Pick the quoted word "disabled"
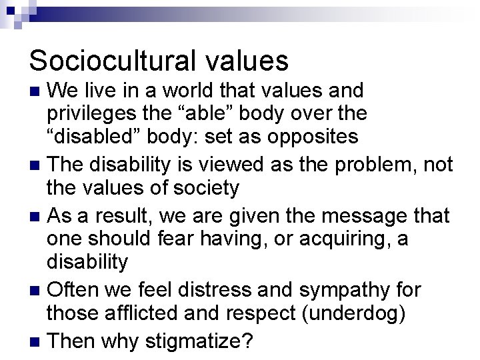(94, 138)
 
